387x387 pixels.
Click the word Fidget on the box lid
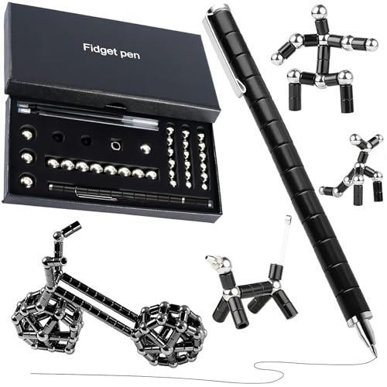(98, 50)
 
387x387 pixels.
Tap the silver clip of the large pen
(223, 53)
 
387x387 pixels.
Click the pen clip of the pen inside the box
(95, 194)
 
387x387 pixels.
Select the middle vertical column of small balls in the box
(187, 156)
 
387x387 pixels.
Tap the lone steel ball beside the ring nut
(146, 149)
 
